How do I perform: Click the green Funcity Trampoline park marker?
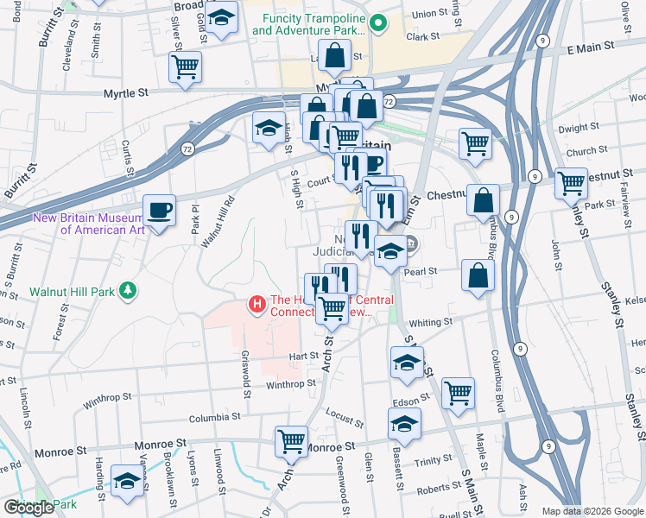click(x=377, y=22)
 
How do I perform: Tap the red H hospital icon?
click(x=256, y=304)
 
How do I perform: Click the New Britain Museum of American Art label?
click(x=88, y=223)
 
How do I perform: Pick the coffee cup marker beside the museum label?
click(x=159, y=211)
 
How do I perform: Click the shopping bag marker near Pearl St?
click(x=478, y=276)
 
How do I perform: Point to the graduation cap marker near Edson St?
click(x=403, y=424)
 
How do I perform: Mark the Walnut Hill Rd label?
click(x=206, y=223)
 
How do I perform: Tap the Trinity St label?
click(x=427, y=463)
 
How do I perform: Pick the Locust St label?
click(x=346, y=419)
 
